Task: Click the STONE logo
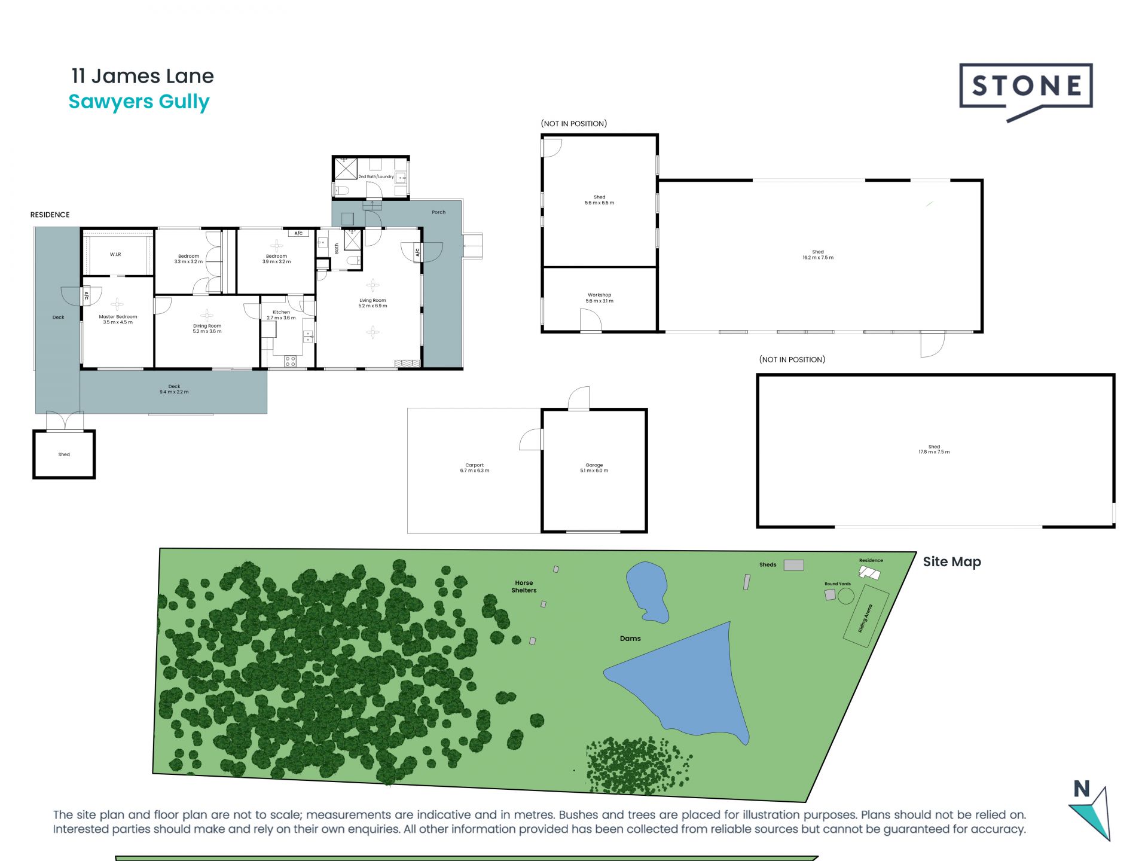pyautogui.click(x=1025, y=87)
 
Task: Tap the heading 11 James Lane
pyautogui.click(x=142, y=76)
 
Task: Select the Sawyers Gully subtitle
pyautogui.click(x=139, y=102)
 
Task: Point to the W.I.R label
pyautogui.click(x=115, y=254)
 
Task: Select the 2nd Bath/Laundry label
pyautogui.click(x=376, y=176)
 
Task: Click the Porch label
pyautogui.click(x=438, y=212)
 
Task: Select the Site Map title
pyautogui.click(x=952, y=561)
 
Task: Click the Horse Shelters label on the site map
pyautogui.click(x=524, y=587)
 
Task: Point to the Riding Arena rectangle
pyautogui.click(x=866, y=616)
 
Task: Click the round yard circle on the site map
pyautogui.click(x=846, y=596)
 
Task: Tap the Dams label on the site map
pyautogui.click(x=630, y=639)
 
